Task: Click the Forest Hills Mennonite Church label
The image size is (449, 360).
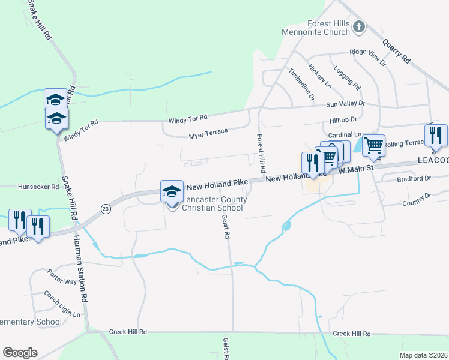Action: click(328, 28)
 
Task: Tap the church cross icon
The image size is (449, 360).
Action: click(359, 26)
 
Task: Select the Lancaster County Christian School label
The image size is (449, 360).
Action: click(212, 203)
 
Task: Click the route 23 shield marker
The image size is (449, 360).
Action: click(106, 208)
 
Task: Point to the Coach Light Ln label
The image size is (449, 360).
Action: click(62, 304)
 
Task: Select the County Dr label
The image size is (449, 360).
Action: click(417, 196)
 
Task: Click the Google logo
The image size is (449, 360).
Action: click(20, 353)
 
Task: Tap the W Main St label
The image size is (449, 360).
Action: click(357, 169)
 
